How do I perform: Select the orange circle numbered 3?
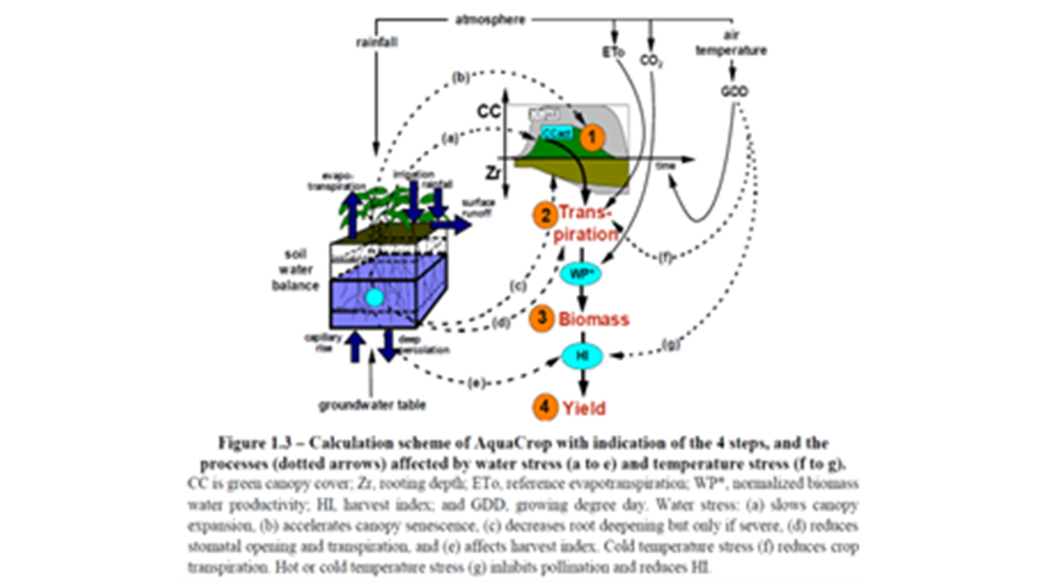(x=539, y=319)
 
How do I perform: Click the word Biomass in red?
(x=594, y=320)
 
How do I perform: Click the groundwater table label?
(x=372, y=404)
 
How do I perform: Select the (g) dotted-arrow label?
(x=672, y=344)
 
